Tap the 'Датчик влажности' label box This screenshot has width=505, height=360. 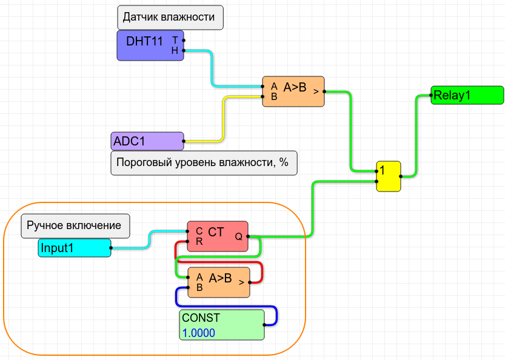click(x=170, y=17)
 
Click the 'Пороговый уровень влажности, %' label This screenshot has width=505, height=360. click(x=204, y=162)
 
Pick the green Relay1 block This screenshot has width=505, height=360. click(x=467, y=95)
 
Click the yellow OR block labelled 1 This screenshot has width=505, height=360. click(x=388, y=176)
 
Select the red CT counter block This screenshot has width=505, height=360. click(x=216, y=236)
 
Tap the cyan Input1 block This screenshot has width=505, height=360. click(x=75, y=248)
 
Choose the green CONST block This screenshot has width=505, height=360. click(x=222, y=325)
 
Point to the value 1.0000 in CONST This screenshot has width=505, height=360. click(x=199, y=333)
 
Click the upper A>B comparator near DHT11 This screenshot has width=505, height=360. click(x=293, y=92)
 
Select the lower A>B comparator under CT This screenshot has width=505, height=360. click(x=218, y=282)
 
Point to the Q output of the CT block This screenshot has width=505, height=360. click(x=239, y=237)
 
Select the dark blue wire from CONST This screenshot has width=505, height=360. click(x=276, y=315)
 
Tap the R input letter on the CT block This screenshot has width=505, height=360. click(x=199, y=242)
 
